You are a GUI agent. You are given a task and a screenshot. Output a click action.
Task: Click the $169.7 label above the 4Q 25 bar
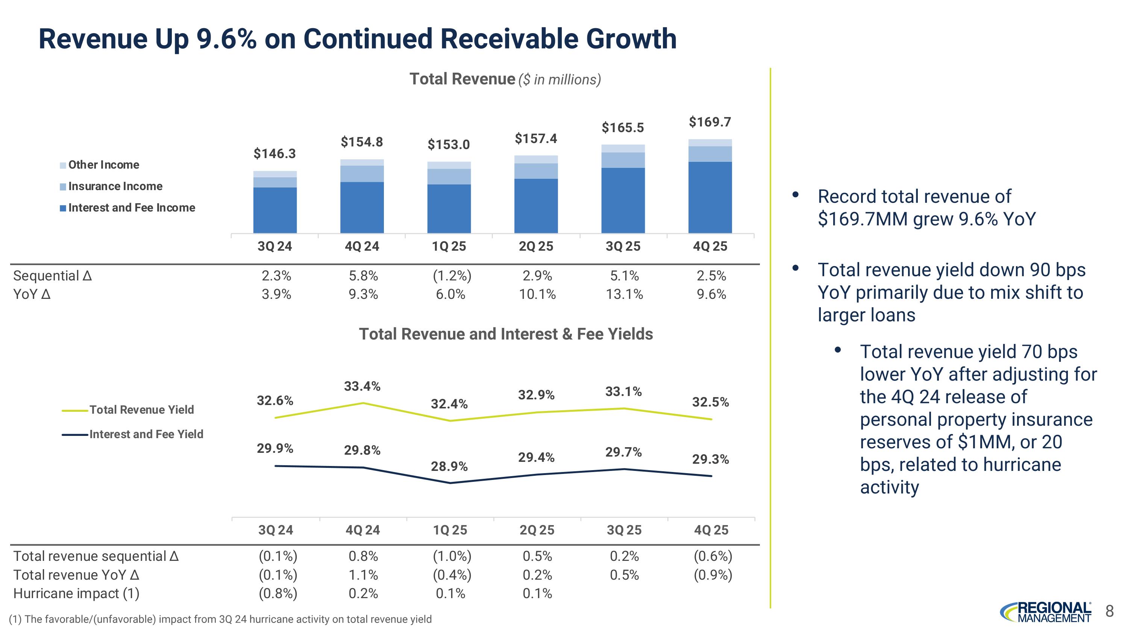710,122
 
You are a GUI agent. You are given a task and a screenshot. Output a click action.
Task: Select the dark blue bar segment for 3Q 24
274,210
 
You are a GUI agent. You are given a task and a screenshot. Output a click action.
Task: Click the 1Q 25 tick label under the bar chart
449,246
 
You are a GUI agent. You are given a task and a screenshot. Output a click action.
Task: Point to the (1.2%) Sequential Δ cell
452,276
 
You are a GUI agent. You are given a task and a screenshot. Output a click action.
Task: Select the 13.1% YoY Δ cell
624,294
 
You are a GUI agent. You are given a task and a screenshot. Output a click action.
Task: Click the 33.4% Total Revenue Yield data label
362,386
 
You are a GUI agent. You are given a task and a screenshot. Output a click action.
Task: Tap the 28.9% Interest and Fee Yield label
449,466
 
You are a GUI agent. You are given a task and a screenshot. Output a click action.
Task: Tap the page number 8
1109,611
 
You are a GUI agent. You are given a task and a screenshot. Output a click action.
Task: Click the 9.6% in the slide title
226,38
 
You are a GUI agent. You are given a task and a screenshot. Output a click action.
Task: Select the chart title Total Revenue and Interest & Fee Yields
506,334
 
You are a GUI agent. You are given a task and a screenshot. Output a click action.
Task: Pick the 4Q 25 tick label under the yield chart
711,530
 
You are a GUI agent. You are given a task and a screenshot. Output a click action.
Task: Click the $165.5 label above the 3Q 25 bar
622,128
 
